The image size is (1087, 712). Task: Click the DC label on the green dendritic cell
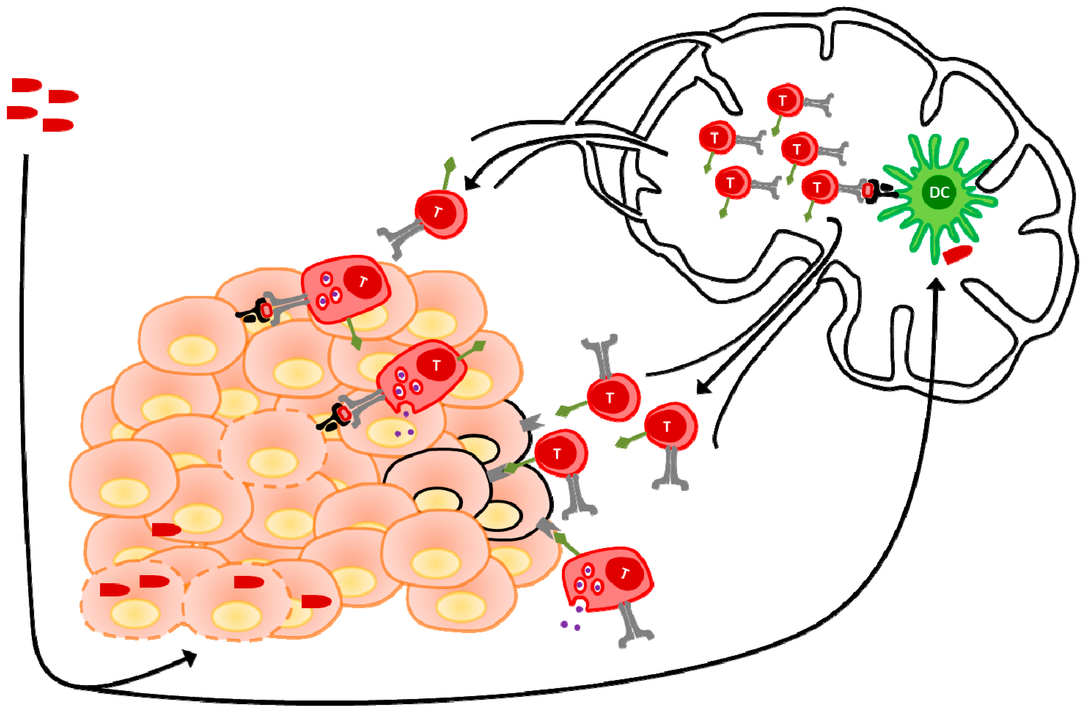point(939,192)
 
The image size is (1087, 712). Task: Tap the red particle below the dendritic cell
point(957,254)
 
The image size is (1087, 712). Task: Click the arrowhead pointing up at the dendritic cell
point(936,285)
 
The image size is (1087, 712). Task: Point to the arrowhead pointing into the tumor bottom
point(190,658)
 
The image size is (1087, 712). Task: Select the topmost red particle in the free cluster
point(26,85)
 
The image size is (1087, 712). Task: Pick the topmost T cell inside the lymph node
point(784,101)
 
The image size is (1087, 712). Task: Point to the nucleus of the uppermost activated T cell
point(363,282)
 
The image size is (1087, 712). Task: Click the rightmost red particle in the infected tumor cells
point(316,602)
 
